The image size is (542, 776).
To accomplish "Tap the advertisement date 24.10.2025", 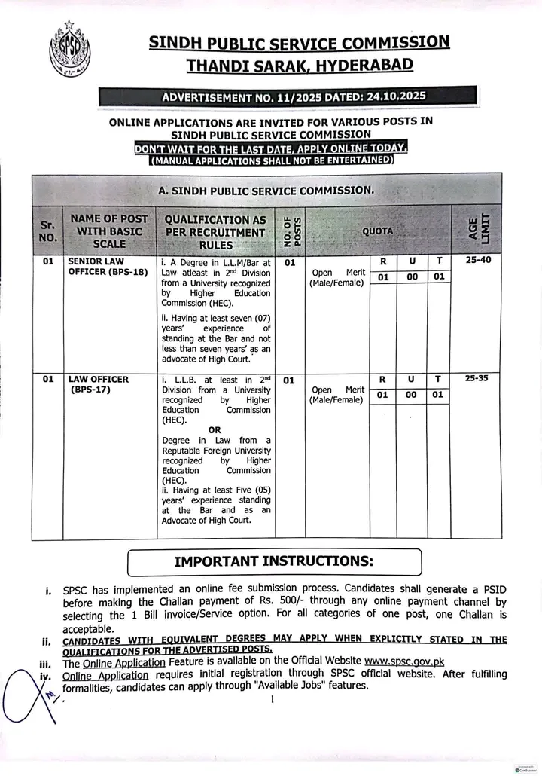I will point(391,96).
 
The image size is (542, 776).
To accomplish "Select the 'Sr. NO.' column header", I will point(47,230).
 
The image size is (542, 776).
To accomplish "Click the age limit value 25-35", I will point(477,378).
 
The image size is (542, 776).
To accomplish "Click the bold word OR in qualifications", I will point(215,430).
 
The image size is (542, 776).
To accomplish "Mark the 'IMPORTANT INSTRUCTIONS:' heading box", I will point(274,562).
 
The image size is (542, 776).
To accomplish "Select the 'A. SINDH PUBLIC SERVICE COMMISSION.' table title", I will point(265,191).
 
